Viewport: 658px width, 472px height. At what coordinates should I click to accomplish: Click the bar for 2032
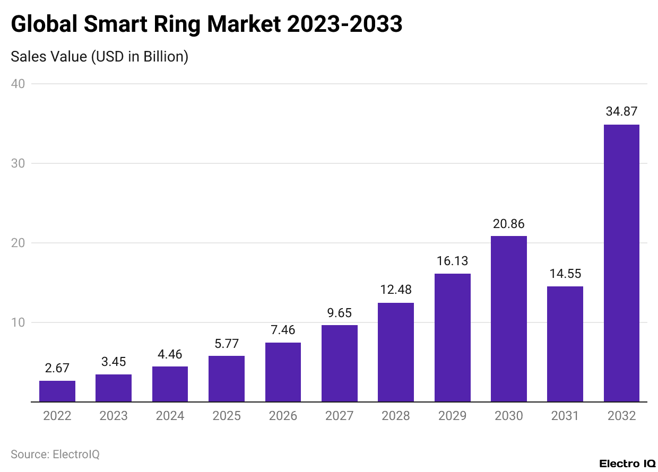click(621, 263)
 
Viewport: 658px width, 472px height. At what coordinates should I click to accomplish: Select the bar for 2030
click(508, 319)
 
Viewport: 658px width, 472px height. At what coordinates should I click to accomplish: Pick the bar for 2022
click(57, 391)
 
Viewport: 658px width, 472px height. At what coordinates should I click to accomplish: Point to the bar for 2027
click(340, 363)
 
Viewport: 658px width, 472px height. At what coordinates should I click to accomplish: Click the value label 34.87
click(621, 112)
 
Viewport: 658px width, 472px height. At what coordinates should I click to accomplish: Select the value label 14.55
click(565, 274)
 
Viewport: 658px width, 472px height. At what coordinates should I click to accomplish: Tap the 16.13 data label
click(452, 261)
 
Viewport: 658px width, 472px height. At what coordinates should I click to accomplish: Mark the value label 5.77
click(227, 343)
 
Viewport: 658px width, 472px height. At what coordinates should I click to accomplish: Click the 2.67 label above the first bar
click(57, 368)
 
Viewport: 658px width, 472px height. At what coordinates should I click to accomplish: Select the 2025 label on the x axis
click(227, 416)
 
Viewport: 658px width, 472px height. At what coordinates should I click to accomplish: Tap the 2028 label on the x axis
click(396, 416)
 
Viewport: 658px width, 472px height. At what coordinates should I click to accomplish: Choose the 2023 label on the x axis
click(114, 416)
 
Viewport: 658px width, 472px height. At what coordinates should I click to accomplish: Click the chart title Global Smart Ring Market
click(206, 24)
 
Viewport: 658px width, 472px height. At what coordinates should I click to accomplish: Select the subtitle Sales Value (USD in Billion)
click(100, 56)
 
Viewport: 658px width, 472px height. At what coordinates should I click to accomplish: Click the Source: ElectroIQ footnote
click(55, 454)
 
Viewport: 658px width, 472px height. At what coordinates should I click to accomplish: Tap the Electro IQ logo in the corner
click(627, 463)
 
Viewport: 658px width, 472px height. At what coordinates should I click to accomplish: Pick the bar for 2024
click(170, 384)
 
